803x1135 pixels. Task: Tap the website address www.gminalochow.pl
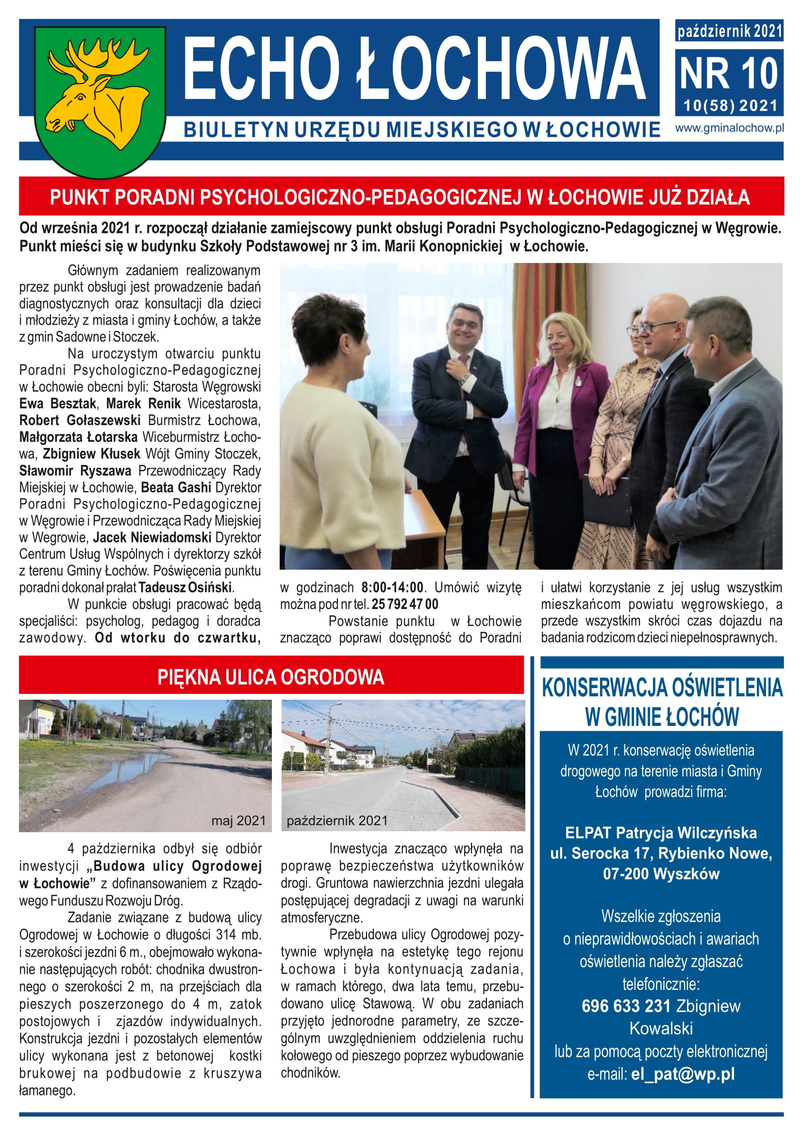pyautogui.click(x=729, y=128)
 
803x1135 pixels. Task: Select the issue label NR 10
pyautogui.click(x=729, y=74)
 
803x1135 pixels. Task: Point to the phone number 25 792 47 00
pyautogui.click(x=404, y=604)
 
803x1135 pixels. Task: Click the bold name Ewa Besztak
pyautogui.click(x=57, y=404)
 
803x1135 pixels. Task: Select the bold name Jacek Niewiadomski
pyautogui.click(x=152, y=537)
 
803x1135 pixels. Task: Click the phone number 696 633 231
pyautogui.click(x=625, y=1006)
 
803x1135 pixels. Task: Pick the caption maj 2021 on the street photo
pyautogui.click(x=238, y=821)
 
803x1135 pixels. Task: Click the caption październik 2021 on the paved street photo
pyautogui.click(x=337, y=821)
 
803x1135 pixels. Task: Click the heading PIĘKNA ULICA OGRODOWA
pyautogui.click(x=270, y=677)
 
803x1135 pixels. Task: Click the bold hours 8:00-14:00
pyautogui.click(x=392, y=587)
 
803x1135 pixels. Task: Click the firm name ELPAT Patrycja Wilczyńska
pyautogui.click(x=661, y=833)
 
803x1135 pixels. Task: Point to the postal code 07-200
pyautogui.click(x=624, y=873)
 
